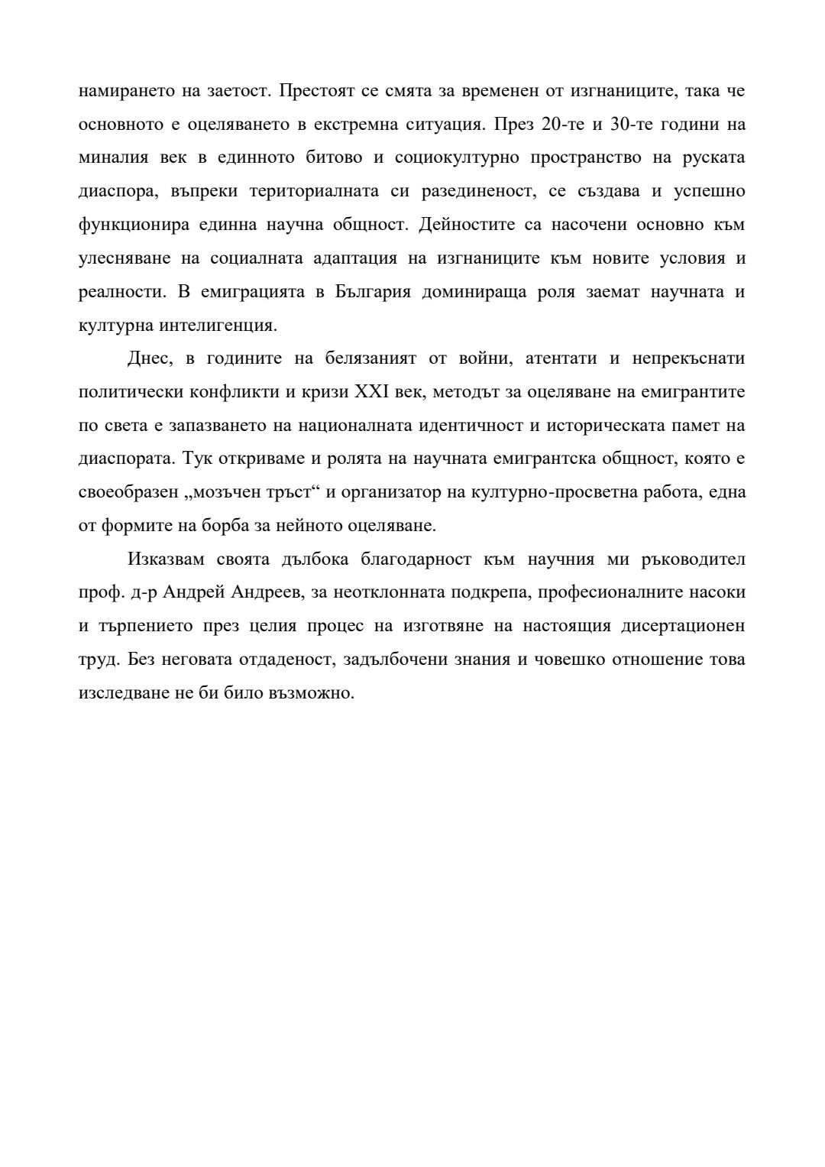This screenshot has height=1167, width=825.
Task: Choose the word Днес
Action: [149, 358]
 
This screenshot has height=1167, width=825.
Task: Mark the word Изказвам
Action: [167, 559]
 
